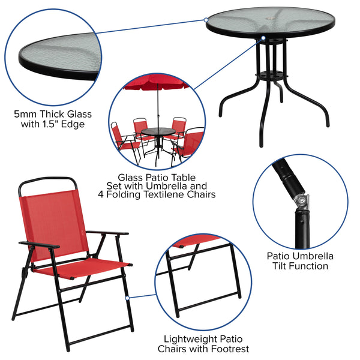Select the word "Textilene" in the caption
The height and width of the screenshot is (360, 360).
tap(163, 194)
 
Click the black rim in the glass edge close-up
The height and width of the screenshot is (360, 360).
tap(54, 70)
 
